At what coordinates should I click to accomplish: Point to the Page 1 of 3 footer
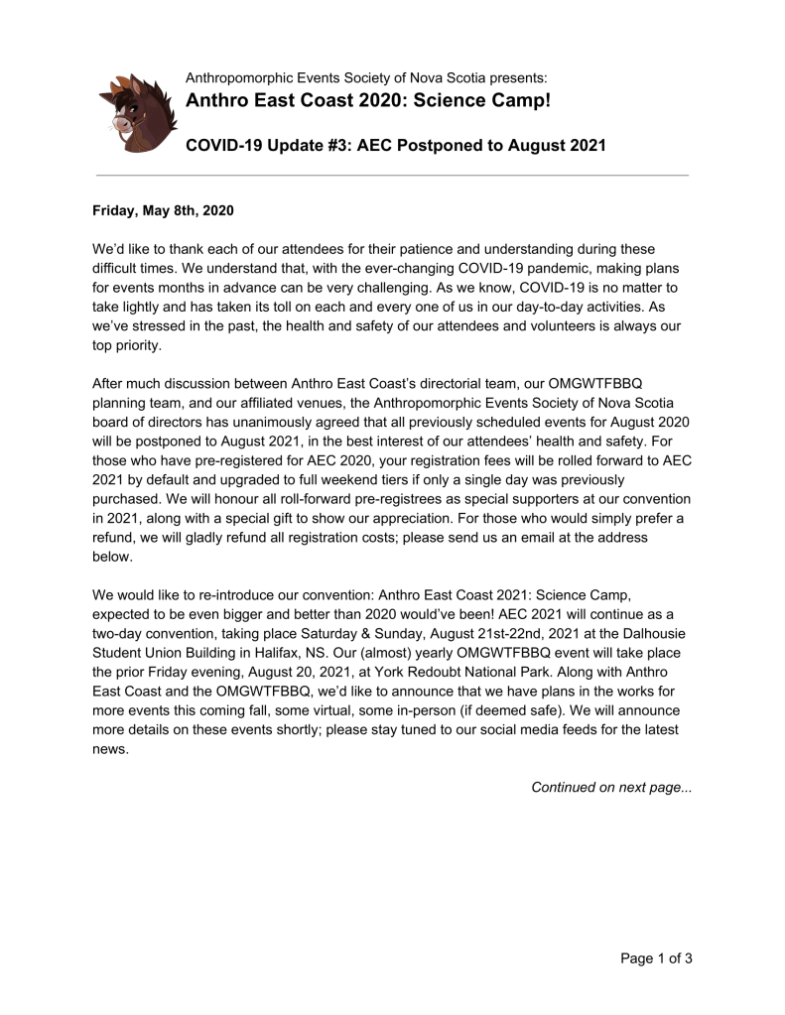coord(656,958)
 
